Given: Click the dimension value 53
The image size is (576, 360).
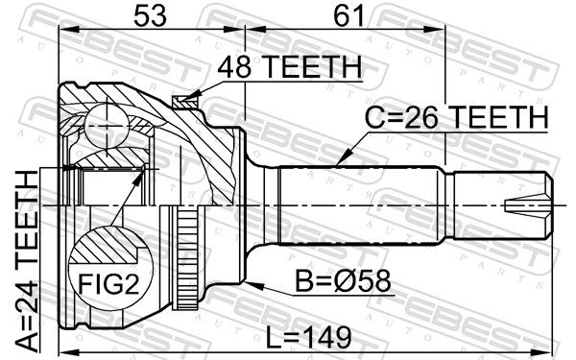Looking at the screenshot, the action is coord(150,15).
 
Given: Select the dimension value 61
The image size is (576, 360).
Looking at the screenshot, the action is coord(348,15).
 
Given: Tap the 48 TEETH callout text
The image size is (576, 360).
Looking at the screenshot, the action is coord(290,67).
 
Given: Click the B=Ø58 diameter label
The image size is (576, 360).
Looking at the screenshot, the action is coord(343,281).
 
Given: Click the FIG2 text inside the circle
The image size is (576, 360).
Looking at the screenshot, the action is coord(109,283).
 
